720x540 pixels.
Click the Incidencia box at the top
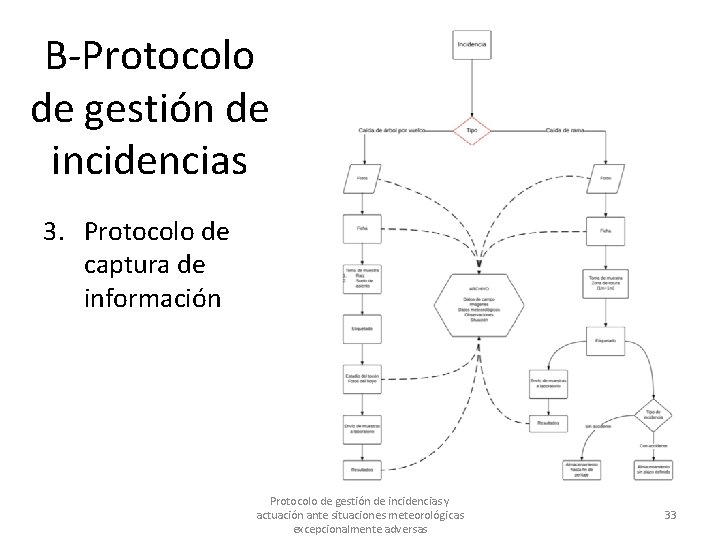[471, 45]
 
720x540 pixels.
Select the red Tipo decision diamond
[471, 131]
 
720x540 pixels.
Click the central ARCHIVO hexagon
[477, 305]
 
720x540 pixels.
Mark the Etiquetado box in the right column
[606, 341]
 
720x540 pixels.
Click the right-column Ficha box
[606, 230]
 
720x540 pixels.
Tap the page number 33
[670, 515]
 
